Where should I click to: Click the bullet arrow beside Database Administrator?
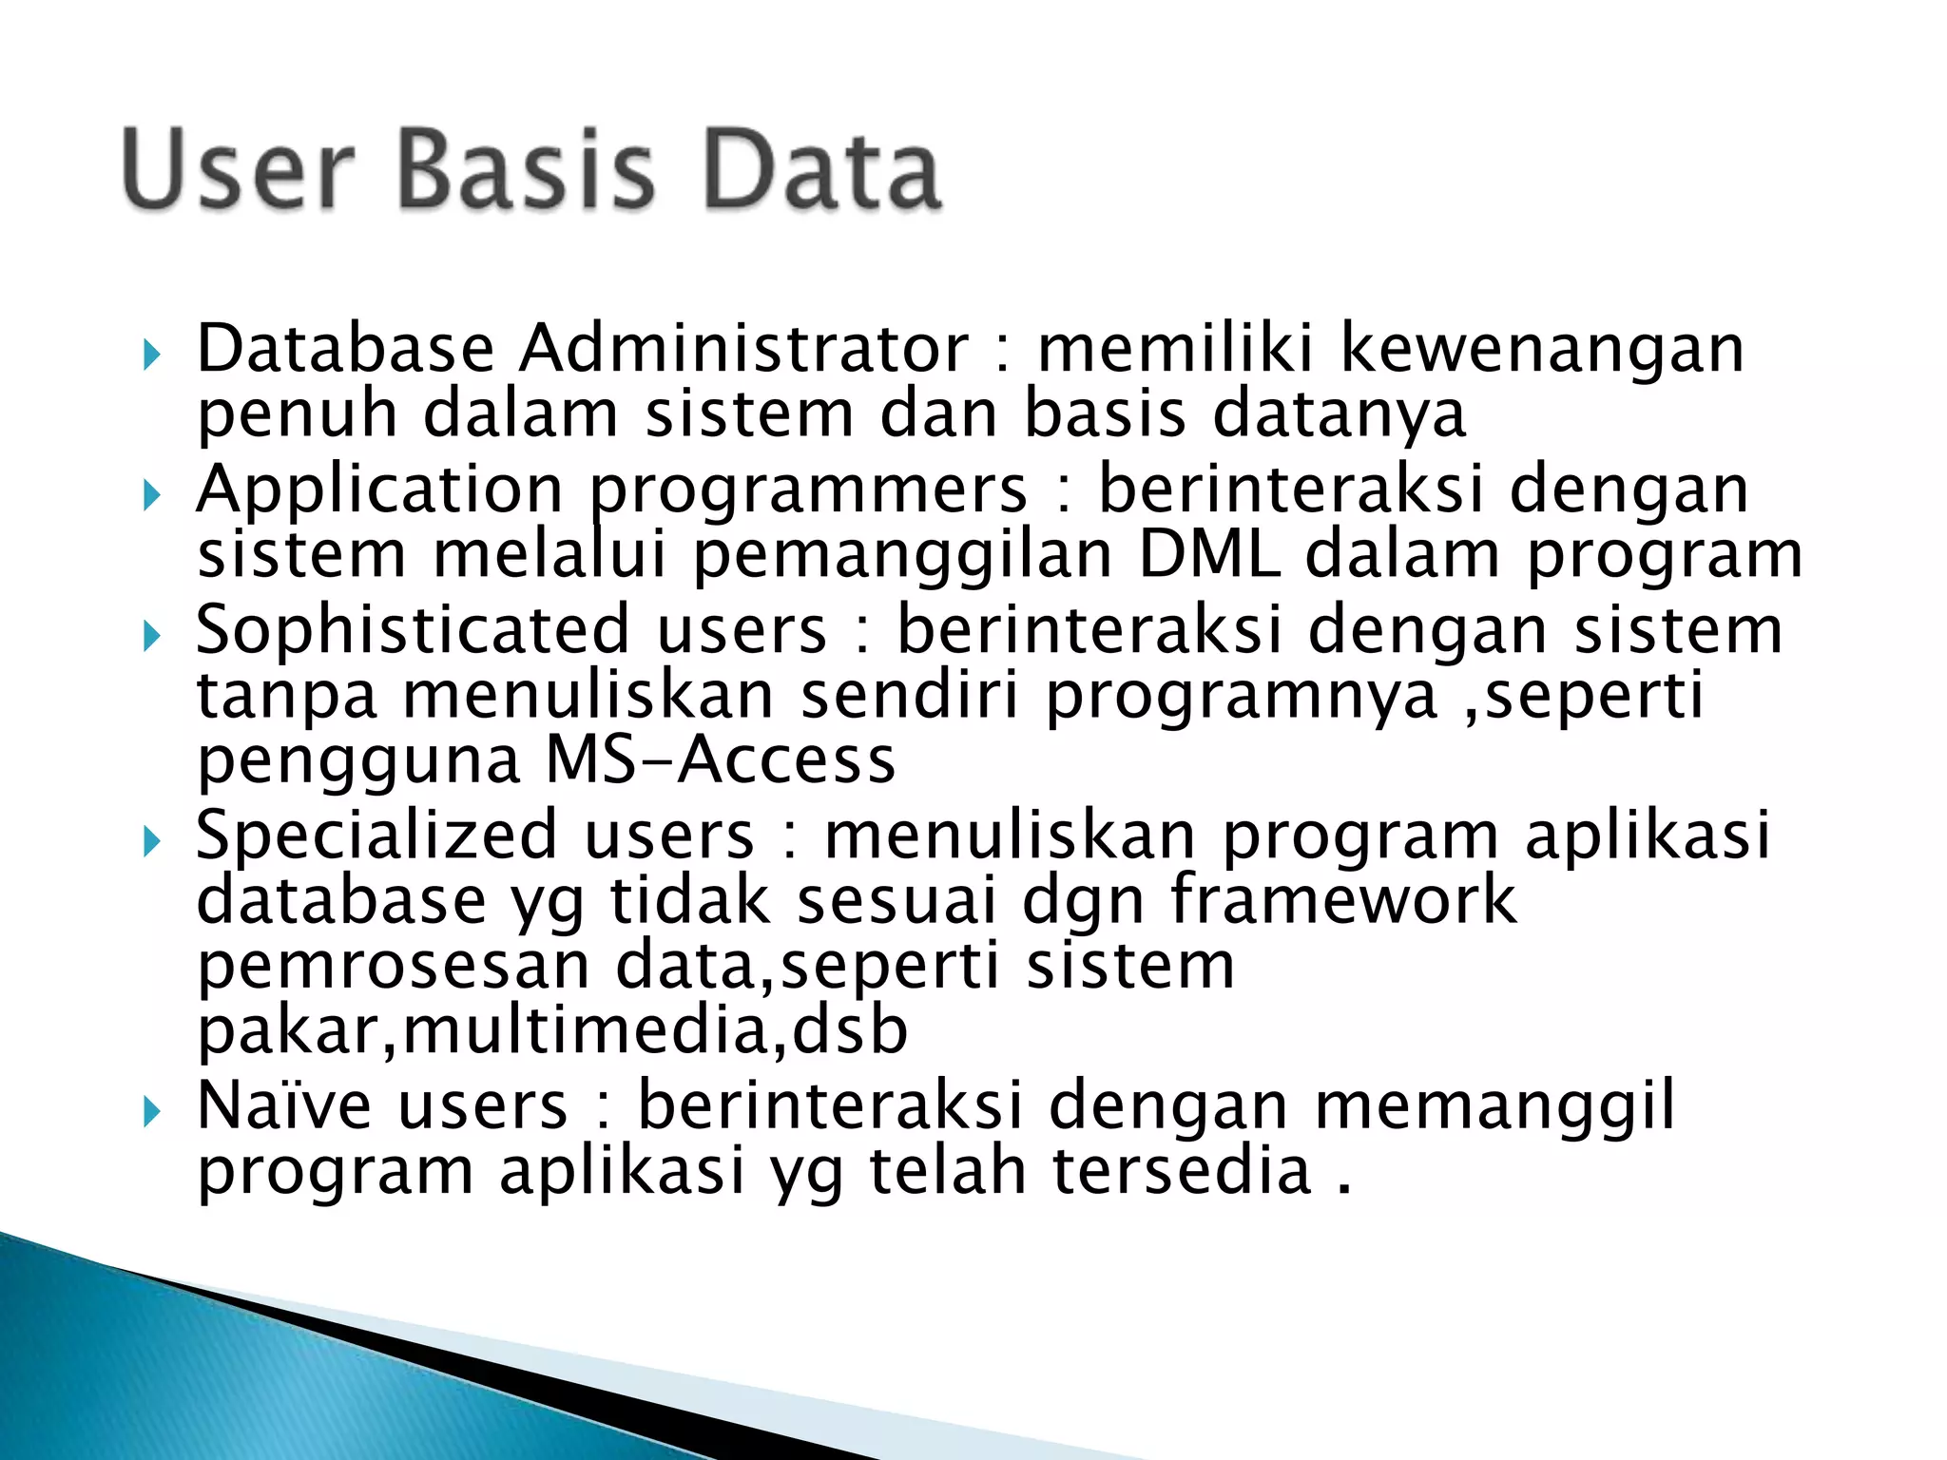tap(151, 356)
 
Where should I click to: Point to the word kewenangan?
tap(1542, 350)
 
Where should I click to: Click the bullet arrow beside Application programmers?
tap(151, 495)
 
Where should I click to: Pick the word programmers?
tap(808, 490)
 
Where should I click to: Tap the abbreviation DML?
tap(1208, 554)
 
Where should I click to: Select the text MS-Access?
tap(721, 759)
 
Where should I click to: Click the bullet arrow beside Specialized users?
tap(151, 841)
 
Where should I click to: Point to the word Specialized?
tap(376, 836)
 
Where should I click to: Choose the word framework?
tap(1342, 899)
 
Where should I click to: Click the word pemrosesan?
tap(394, 966)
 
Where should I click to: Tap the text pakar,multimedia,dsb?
tap(552, 1030)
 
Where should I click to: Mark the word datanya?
tap(1340, 415)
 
